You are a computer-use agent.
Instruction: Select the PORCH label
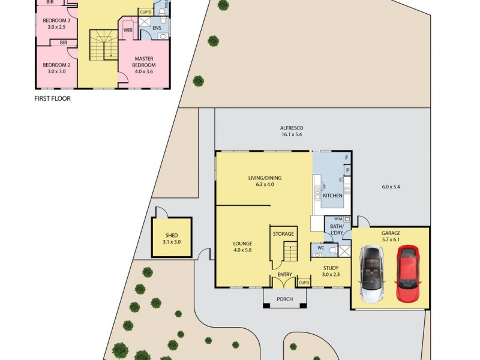click(284, 299)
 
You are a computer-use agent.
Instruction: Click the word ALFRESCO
click(292, 128)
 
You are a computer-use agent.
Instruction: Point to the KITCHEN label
click(332, 196)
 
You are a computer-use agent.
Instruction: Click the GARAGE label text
click(391, 233)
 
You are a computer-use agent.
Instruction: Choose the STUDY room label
click(331, 268)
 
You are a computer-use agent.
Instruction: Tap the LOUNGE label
click(243, 244)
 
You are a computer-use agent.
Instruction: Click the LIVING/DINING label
click(265, 178)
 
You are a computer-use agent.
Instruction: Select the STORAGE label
click(283, 234)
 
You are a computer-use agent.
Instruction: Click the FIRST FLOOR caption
click(52, 98)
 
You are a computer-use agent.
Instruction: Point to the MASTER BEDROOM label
click(143, 62)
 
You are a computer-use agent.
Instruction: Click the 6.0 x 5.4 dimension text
click(391, 187)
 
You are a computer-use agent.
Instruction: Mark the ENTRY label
click(284, 275)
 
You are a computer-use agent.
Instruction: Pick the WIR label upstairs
click(128, 29)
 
